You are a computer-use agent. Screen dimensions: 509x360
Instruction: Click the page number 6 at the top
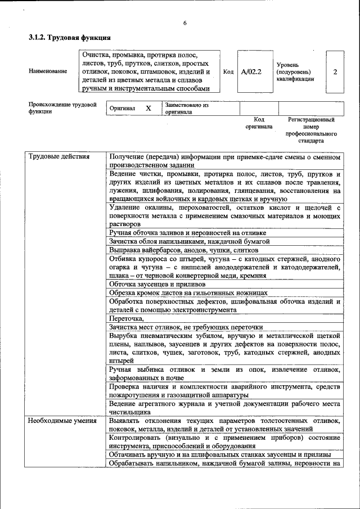pyautogui.click(x=184, y=22)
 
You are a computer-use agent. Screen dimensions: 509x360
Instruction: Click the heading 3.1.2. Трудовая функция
pyautogui.click(x=69, y=38)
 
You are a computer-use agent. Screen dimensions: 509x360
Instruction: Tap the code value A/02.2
pyautogui.click(x=251, y=73)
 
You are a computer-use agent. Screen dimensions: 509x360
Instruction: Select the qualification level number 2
pyautogui.click(x=335, y=73)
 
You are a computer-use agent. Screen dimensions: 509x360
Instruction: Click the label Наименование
pyautogui.click(x=48, y=73)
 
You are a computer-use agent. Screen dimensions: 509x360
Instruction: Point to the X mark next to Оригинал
pyautogui.click(x=148, y=108)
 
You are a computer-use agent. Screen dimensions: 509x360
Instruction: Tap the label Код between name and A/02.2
pyautogui.click(x=228, y=73)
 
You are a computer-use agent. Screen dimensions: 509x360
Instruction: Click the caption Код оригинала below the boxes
pyautogui.click(x=259, y=123)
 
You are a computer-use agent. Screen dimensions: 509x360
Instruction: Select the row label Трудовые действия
pyautogui.click(x=59, y=156)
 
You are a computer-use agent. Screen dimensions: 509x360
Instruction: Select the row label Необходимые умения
pyautogui.click(x=62, y=421)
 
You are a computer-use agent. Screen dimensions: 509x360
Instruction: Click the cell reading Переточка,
pyautogui.click(x=127, y=318)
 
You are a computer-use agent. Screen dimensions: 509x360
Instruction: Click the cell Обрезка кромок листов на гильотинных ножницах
pyautogui.click(x=188, y=293)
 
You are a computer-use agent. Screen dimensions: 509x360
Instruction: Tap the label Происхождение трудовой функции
pyautogui.click(x=62, y=108)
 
